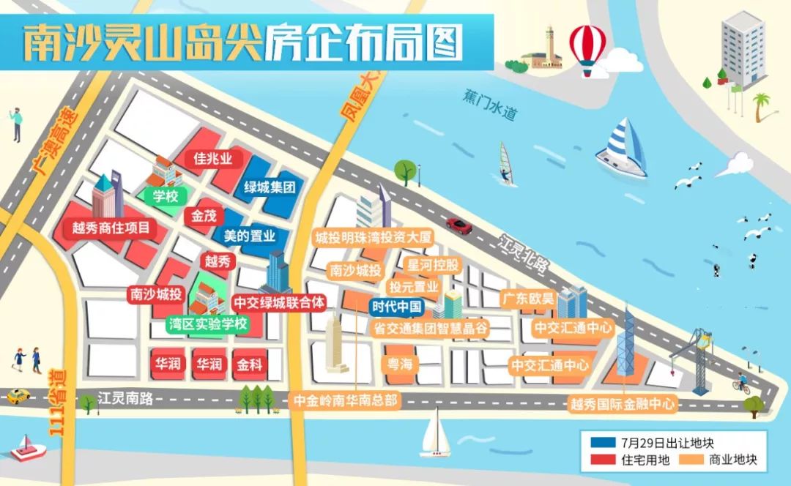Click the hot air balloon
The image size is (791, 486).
587,46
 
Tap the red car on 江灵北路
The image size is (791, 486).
459,225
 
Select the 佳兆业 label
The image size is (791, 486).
212,159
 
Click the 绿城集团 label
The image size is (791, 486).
270,188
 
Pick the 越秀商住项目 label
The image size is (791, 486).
111,228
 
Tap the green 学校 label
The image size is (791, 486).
166,196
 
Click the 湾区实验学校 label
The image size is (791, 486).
208,324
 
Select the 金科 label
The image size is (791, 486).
249,364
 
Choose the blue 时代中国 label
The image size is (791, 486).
396,307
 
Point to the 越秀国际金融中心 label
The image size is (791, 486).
623,404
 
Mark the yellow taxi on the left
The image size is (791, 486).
18,396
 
